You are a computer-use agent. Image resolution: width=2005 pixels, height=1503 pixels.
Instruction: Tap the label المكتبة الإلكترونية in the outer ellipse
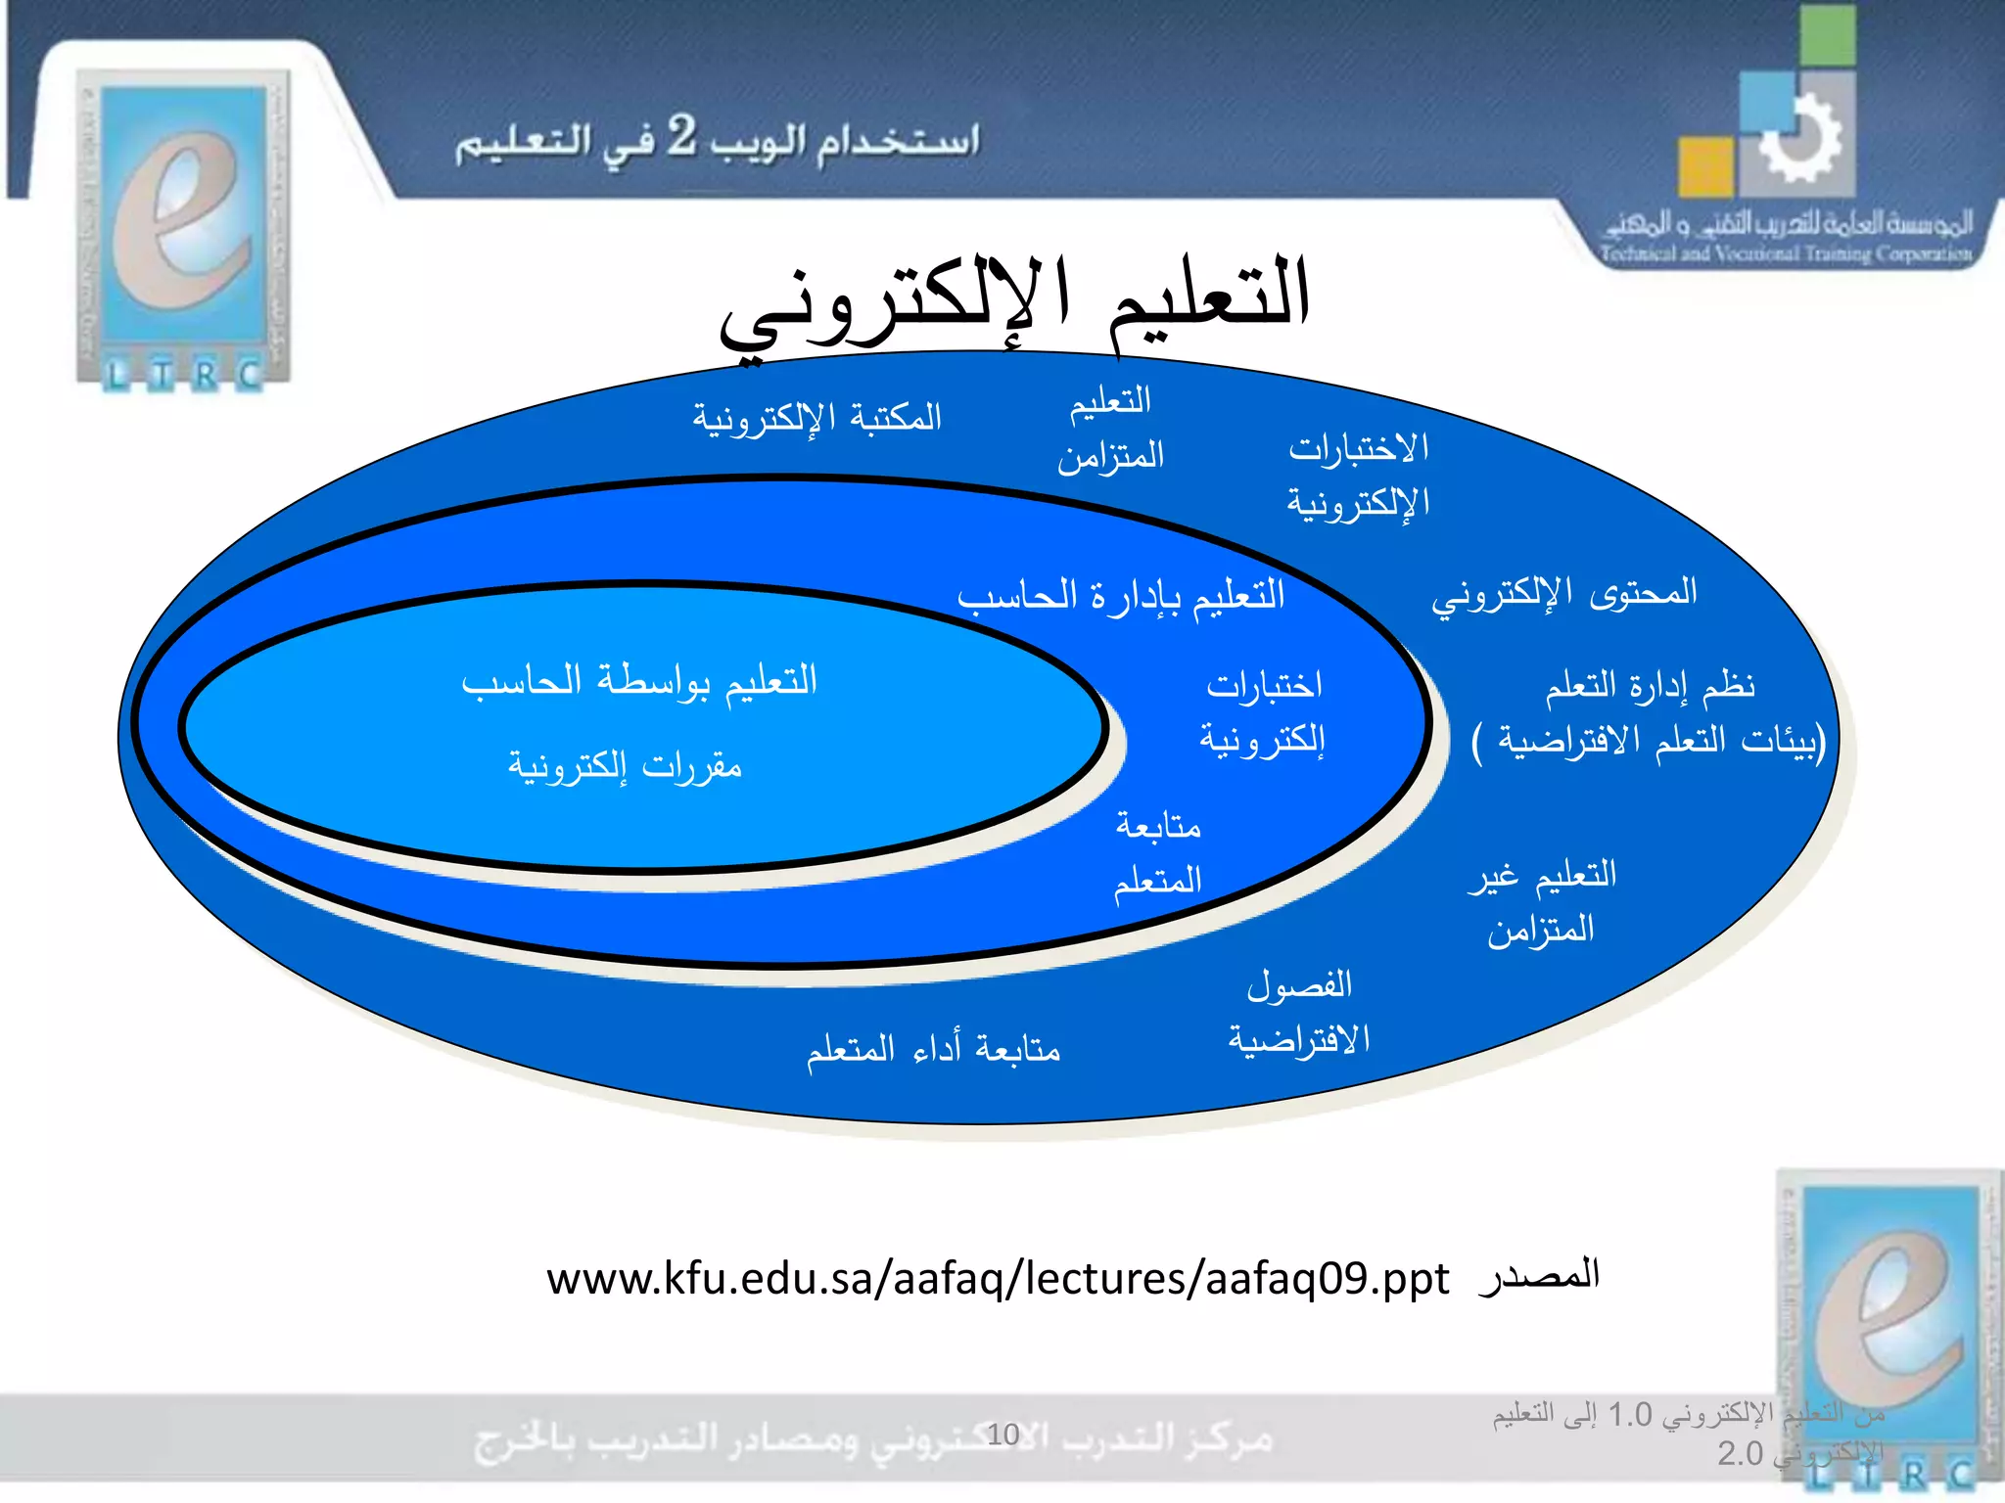[x=816, y=418]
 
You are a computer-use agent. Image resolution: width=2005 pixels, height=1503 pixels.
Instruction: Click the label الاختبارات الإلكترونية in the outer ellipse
[x=1359, y=476]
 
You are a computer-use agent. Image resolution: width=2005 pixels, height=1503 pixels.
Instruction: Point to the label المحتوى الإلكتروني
[x=1563, y=593]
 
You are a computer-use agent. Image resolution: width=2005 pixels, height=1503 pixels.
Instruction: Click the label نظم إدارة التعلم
[x=1650, y=685]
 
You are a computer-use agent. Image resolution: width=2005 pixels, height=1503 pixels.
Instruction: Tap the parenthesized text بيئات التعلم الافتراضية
[x=1649, y=741]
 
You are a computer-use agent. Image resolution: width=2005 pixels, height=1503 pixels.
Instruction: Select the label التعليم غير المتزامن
[x=1542, y=901]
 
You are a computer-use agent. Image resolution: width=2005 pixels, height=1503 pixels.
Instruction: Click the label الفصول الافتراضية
[x=1299, y=1012]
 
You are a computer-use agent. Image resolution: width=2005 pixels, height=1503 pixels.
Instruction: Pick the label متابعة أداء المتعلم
[x=933, y=1049]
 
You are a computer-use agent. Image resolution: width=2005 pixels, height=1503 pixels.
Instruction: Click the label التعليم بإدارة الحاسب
[x=1121, y=595]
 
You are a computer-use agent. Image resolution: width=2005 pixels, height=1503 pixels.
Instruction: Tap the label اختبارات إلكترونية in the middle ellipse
[x=1263, y=711]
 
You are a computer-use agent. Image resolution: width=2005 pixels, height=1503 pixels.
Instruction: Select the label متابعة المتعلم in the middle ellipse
[x=1157, y=852]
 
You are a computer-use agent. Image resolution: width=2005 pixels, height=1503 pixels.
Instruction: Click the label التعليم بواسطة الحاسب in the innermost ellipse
[x=639, y=680]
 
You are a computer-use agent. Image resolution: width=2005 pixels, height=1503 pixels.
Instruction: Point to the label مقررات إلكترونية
[x=625, y=765]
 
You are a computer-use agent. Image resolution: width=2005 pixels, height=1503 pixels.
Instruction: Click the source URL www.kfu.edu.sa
[x=997, y=1279]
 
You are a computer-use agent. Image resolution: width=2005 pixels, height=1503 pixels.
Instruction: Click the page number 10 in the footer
[x=1002, y=1435]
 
